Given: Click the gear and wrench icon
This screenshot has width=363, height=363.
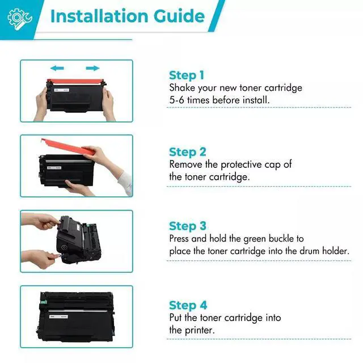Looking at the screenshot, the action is tap(19, 19).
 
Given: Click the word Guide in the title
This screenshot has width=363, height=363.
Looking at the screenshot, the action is tap(179, 16).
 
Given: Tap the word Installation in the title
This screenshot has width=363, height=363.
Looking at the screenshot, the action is tap(99, 16).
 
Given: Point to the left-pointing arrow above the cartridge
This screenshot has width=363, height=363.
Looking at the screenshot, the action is tap(57, 68).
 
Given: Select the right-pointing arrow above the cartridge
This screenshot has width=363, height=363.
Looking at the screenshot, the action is tap(92, 68).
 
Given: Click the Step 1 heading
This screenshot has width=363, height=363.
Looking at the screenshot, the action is tap(187, 75).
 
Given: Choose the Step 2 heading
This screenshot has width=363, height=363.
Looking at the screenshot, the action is tap(188, 152).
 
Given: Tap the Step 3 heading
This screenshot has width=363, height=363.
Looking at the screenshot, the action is tap(188, 226).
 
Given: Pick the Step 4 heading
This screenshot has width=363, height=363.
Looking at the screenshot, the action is tap(188, 305).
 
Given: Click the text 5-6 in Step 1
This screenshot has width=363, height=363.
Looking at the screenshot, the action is tap(176, 100).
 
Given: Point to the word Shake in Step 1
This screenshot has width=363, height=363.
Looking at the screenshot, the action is tap(182, 88).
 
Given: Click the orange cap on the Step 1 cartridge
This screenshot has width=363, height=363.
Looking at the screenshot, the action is tap(75, 82).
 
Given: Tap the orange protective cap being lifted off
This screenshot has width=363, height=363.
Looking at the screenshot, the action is tap(67, 147).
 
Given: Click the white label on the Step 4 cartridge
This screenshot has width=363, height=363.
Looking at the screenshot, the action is tap(58, 316).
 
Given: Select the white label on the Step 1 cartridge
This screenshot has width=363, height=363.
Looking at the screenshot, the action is tap(62, 90).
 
